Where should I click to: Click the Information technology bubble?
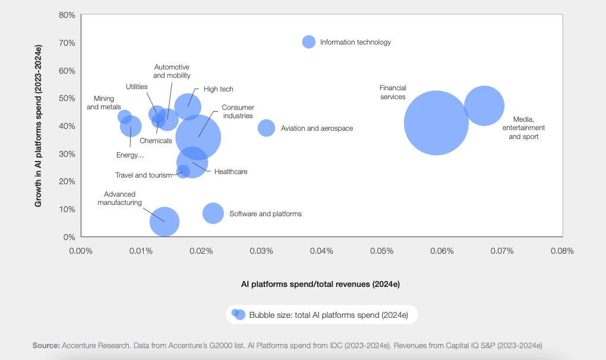pyautogui.click(x=308, y=42)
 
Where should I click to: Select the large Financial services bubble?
pyautogui.click(x=436, y=123)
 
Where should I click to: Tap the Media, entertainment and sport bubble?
pyautogui.click(x=484, y=106)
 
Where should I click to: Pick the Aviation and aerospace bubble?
pyautogui.click(x=266, y=128)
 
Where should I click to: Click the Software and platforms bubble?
pyautogui.click(x=213, y=213)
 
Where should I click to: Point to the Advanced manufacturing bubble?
pyautogui.click(x=165, y=222)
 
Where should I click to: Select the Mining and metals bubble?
pyautogui.click(x=124, y=116)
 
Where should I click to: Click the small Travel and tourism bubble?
pyautogui.click(x=184, y=172)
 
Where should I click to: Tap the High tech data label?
pyautogui.click(x=219, y=89)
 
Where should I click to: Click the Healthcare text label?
pyautogui.click(x=231, y=172)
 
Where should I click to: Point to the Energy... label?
pyautogui.click(x=130, y=156)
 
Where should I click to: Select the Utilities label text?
pyautogui.click(x=137, y=87)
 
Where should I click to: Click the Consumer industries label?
pyautogui.click(x=238, y=112)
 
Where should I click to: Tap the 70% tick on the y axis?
pyautogui.click(x=67, y=43)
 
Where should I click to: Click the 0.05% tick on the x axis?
pyautogui.click(x=381, y=251)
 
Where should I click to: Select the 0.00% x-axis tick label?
pyautogui.click(x=81, y=251)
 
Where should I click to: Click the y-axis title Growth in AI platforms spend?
pyautogui.click(x=39, y=126)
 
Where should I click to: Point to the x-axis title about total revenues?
pyautogui.click(x=320, y=284)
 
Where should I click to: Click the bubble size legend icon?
pyautogui.click(x=238, y=314)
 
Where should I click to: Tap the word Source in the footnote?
pyautogui.click(x=45, y=345)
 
